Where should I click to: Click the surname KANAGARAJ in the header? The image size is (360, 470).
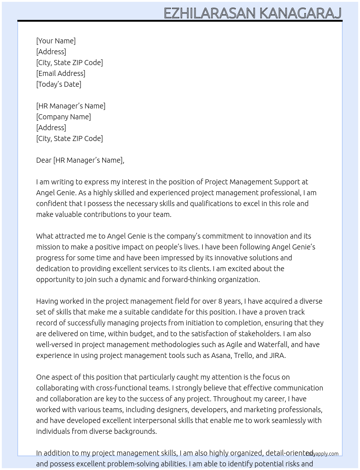coord(300,13)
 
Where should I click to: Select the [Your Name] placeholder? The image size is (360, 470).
coord(56,41)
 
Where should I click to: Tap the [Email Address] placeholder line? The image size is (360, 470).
coord(61,73)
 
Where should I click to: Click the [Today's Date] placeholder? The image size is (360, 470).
coord(59,84)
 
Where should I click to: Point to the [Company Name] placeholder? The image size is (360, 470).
coord(64,117)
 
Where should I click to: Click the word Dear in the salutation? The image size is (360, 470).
coord(44,160)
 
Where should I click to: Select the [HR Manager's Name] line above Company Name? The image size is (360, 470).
coord(71,106)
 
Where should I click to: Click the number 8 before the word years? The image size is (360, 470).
coord(220,301)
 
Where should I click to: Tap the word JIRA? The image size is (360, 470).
coord(277,355)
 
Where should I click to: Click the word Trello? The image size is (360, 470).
coord(244,355)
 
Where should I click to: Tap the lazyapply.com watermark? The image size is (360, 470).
coord(322,454)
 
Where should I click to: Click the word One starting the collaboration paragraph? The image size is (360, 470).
coord(43,377)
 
